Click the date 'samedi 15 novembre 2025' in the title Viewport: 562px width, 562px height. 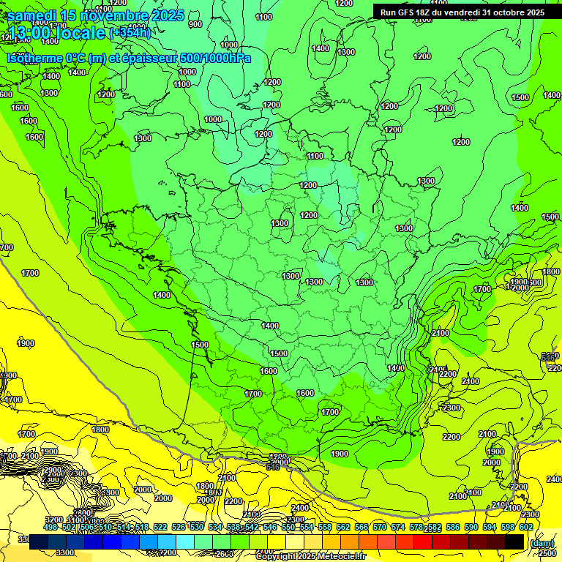pos(95,15)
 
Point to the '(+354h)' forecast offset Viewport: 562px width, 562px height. pos(130,32)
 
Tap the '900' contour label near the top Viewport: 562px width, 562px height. pos(195,24)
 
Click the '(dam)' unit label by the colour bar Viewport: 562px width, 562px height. pos(540,543)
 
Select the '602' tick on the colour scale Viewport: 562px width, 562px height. pos(525,527)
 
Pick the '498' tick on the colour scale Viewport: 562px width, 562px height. pos(50,527)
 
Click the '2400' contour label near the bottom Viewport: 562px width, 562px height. pos(299,508)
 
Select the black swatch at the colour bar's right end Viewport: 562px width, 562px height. pos(514,542)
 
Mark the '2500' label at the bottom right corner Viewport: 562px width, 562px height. pos(547,553)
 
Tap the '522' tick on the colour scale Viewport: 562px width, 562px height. pos(160,527)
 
